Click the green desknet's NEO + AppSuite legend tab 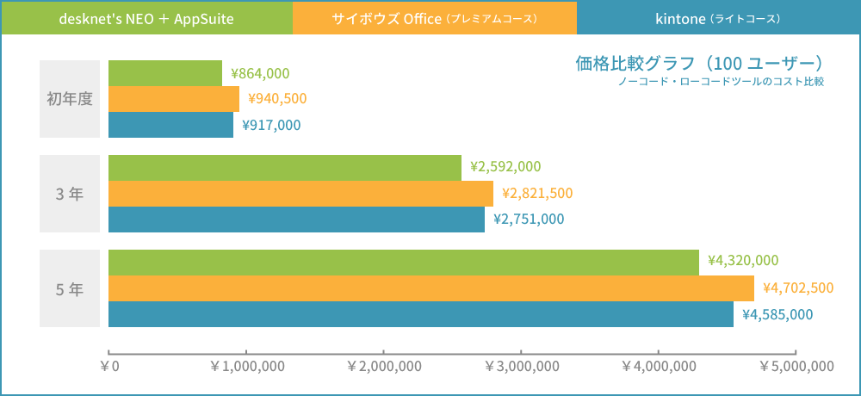coord(147,18)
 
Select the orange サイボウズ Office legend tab coord(434,18)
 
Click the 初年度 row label coord(70,99)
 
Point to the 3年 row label coord(70,194)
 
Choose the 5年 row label coord(70,288)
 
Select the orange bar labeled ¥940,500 coord(174,99)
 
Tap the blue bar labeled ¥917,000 coord(170,125)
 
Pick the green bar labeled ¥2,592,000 coord(285,168)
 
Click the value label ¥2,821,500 coord(536,193)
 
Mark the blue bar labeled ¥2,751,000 coord(296,220)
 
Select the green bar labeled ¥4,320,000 coord(404,263)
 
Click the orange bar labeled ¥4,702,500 coord(431,288)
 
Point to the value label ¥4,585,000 coord(777,314)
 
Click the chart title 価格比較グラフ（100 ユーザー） coord(699,64)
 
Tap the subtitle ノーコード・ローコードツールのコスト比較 coord(721,82)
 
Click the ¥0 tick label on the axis coord(109,366)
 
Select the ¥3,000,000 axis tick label coord(522,366)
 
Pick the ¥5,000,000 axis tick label coord(796,366)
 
